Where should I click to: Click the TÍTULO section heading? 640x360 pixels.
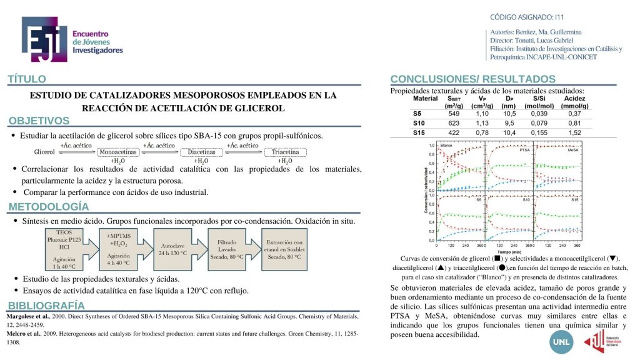click(x=27, y=79)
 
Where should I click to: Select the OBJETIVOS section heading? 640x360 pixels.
click(x=39, y=121)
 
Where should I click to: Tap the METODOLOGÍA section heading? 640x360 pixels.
click(x=48, y=207)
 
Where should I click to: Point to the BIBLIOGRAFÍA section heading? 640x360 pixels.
click(x=46, y=305)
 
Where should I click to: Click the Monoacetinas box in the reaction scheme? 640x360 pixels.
click(x=118, y=152)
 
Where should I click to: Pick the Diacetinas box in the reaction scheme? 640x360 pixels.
click(x=201, y=152)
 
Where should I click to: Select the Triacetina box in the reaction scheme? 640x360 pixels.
click(x=285, y=152)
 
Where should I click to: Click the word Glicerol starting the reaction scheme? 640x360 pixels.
click(x=44, y=152)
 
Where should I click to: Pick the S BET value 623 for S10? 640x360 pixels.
click(x=454, y=123)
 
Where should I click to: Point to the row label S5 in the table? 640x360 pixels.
click(x=418, y=113)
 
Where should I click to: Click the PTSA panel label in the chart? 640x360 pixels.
click(x=525, y=151)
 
